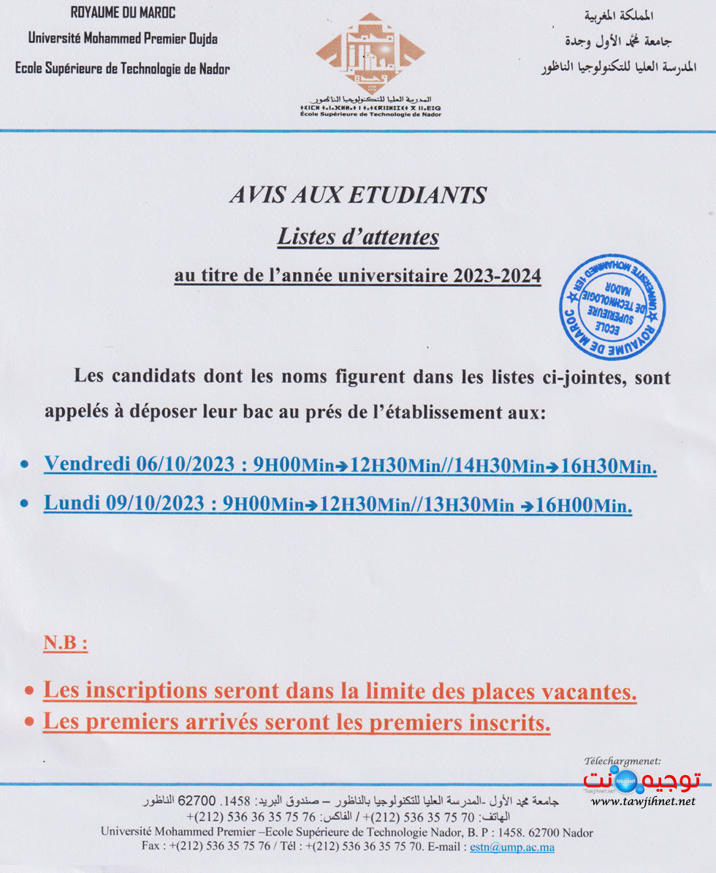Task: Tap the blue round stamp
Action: pyautogui.click(x=612, y=307)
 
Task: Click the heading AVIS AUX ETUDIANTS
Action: pyautogui.click(x=358, y=195)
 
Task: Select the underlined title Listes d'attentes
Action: pyautogui.click(x=358, y=237)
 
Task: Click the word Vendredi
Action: pyautogui.click(x=87, y=464)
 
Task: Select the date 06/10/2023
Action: pyautogui.click(x=186, y=464)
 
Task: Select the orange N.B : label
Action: pyautogui.click(x=66, y=644)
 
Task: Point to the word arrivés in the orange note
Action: pyautogui.click(x=198, y=722)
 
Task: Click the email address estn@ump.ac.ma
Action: pyautogui.click(x=511, y=847)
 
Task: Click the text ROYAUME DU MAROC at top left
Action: pyautogui.click(x=123, y=13)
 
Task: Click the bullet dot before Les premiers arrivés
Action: pyautogui.click(x=29, y=722)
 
